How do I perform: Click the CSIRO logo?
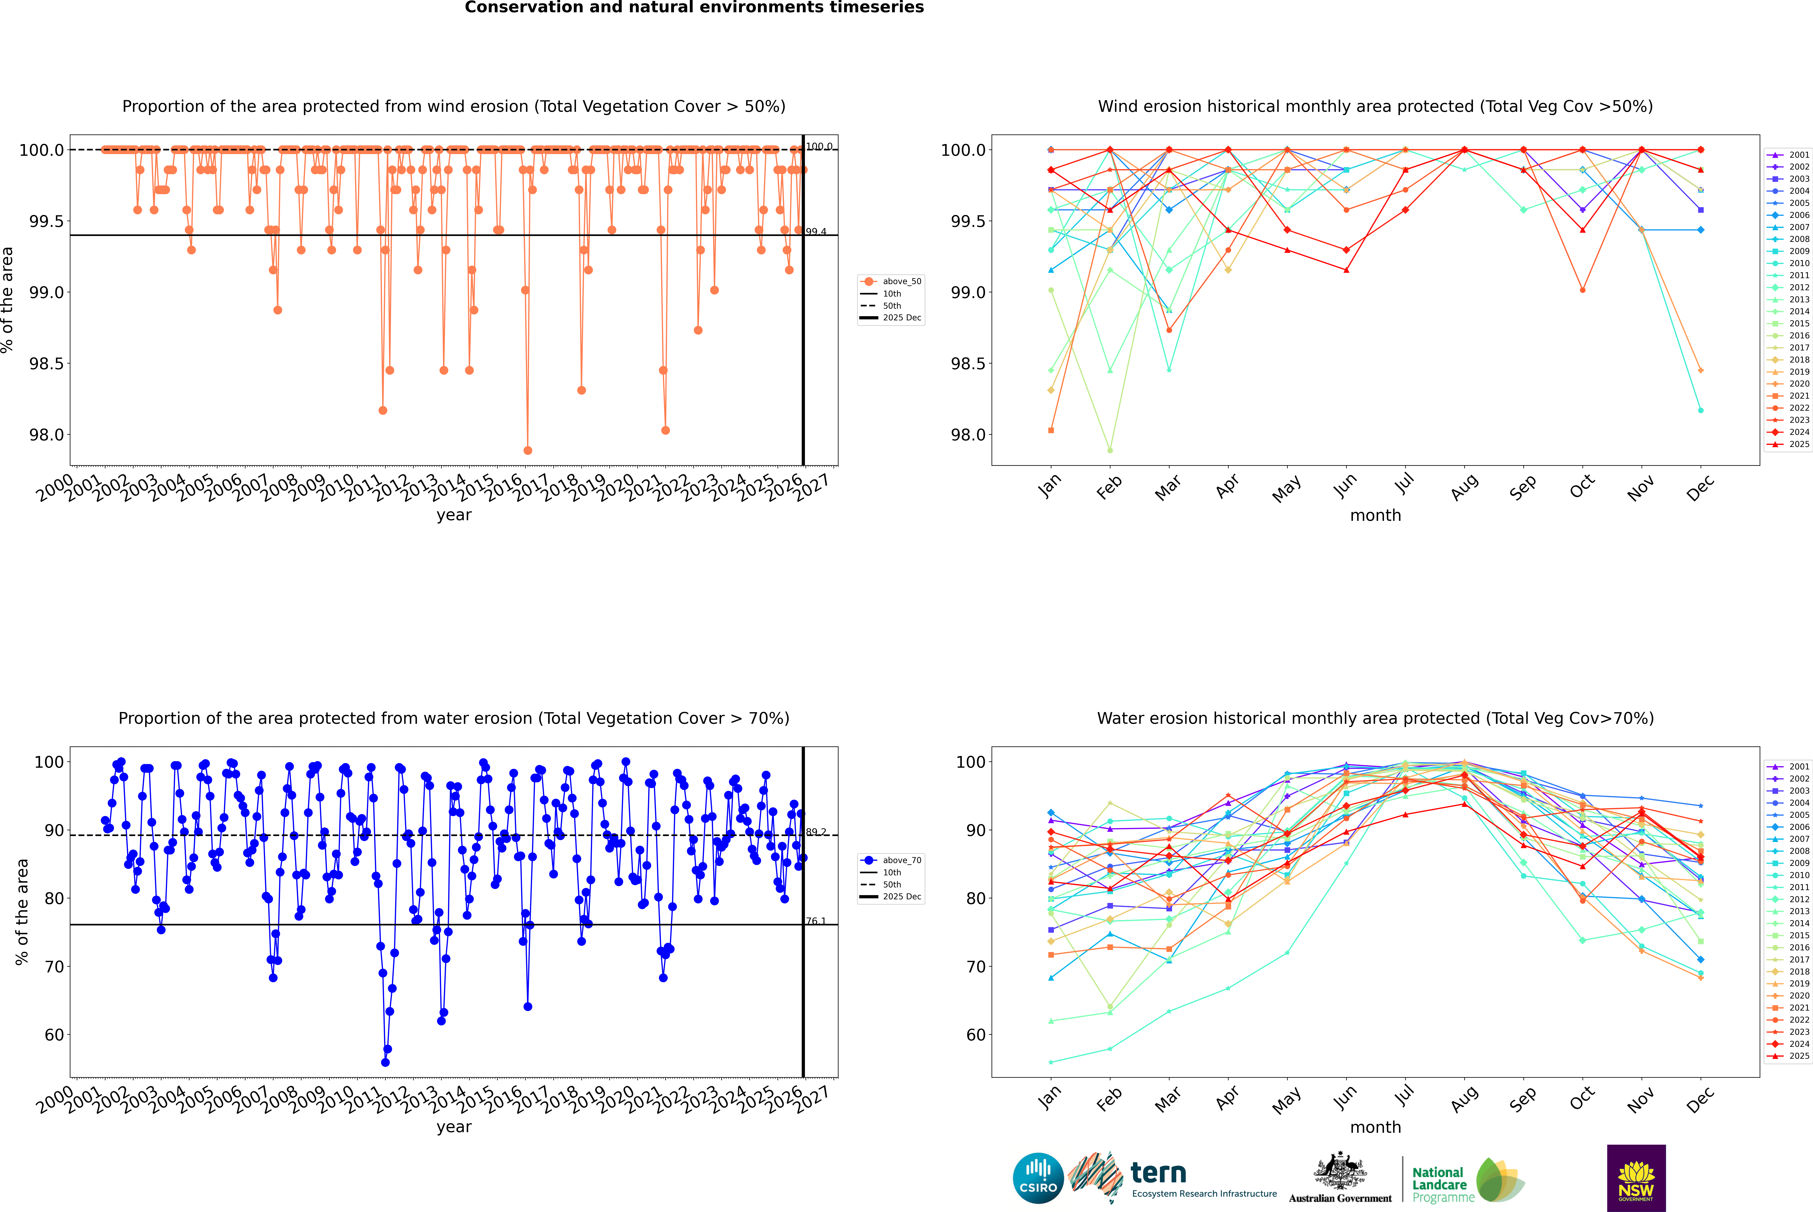tap(1038, 1178)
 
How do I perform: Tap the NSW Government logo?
tap(1636, 1178)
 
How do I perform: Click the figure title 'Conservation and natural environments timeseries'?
tap(694, 8)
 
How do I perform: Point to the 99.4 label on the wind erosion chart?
tap(816, 232)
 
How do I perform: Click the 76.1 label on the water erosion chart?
tap(816, 921)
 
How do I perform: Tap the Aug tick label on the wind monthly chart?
tap(1465, 487)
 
